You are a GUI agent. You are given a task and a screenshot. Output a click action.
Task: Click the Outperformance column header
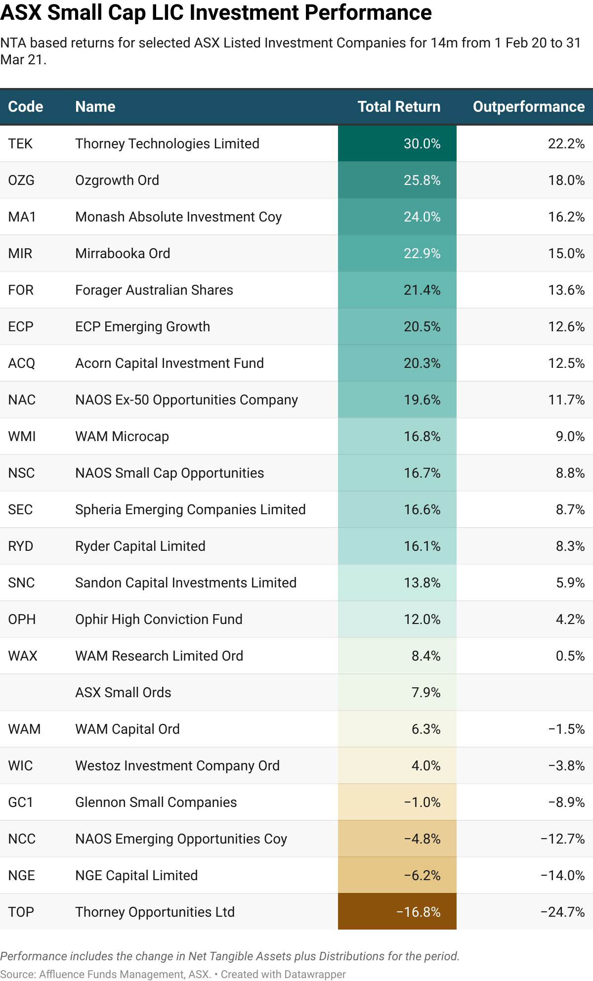click(x=528, y=107)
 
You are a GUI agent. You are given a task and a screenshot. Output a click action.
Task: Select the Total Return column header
click(x=399, y=107)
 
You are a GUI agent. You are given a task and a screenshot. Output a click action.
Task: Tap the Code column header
click(x=26, y=107)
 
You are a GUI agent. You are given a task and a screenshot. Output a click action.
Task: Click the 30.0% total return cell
click(x=422, y=144)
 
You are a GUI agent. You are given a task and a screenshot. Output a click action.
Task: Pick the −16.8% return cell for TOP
click(x=418, y=912)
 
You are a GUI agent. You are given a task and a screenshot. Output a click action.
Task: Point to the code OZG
click(x=21, y=180)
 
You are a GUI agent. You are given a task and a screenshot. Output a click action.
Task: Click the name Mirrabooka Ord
click(x=123, y=254)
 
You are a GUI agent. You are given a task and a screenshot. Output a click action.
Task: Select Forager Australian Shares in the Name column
click(x=154, y=290)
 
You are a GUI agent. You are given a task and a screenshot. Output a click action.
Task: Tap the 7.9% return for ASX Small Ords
click(x=425, y=693)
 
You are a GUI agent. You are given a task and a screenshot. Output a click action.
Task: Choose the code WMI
click(x=22, y=437)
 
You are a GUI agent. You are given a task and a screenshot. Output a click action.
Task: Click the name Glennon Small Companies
click(x=156, y=803)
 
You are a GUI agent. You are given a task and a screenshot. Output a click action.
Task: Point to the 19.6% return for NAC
click(x=422, y=400)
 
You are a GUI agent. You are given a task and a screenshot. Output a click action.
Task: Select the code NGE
click(x=21, y=876)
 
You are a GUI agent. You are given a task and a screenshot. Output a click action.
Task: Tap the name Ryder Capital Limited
click(x=140, y=546)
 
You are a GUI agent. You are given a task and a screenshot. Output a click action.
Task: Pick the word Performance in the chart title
click(x=368, y=13)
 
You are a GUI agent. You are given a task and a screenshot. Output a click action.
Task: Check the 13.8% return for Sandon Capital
click(x=422, y=583)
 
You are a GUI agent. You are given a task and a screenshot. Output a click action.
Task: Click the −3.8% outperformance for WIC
click(x=566, y=766)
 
